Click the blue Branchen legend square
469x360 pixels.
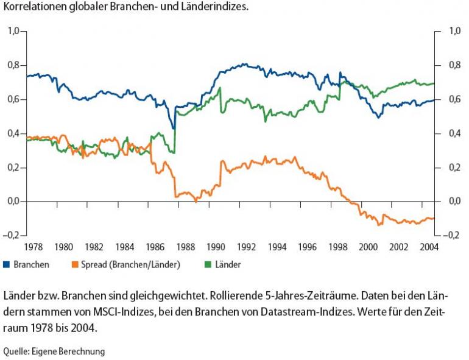7,264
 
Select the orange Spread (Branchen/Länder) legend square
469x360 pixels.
76,264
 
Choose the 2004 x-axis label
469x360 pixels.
429,247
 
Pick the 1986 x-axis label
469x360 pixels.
155,247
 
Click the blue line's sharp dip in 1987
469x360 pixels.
174,129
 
